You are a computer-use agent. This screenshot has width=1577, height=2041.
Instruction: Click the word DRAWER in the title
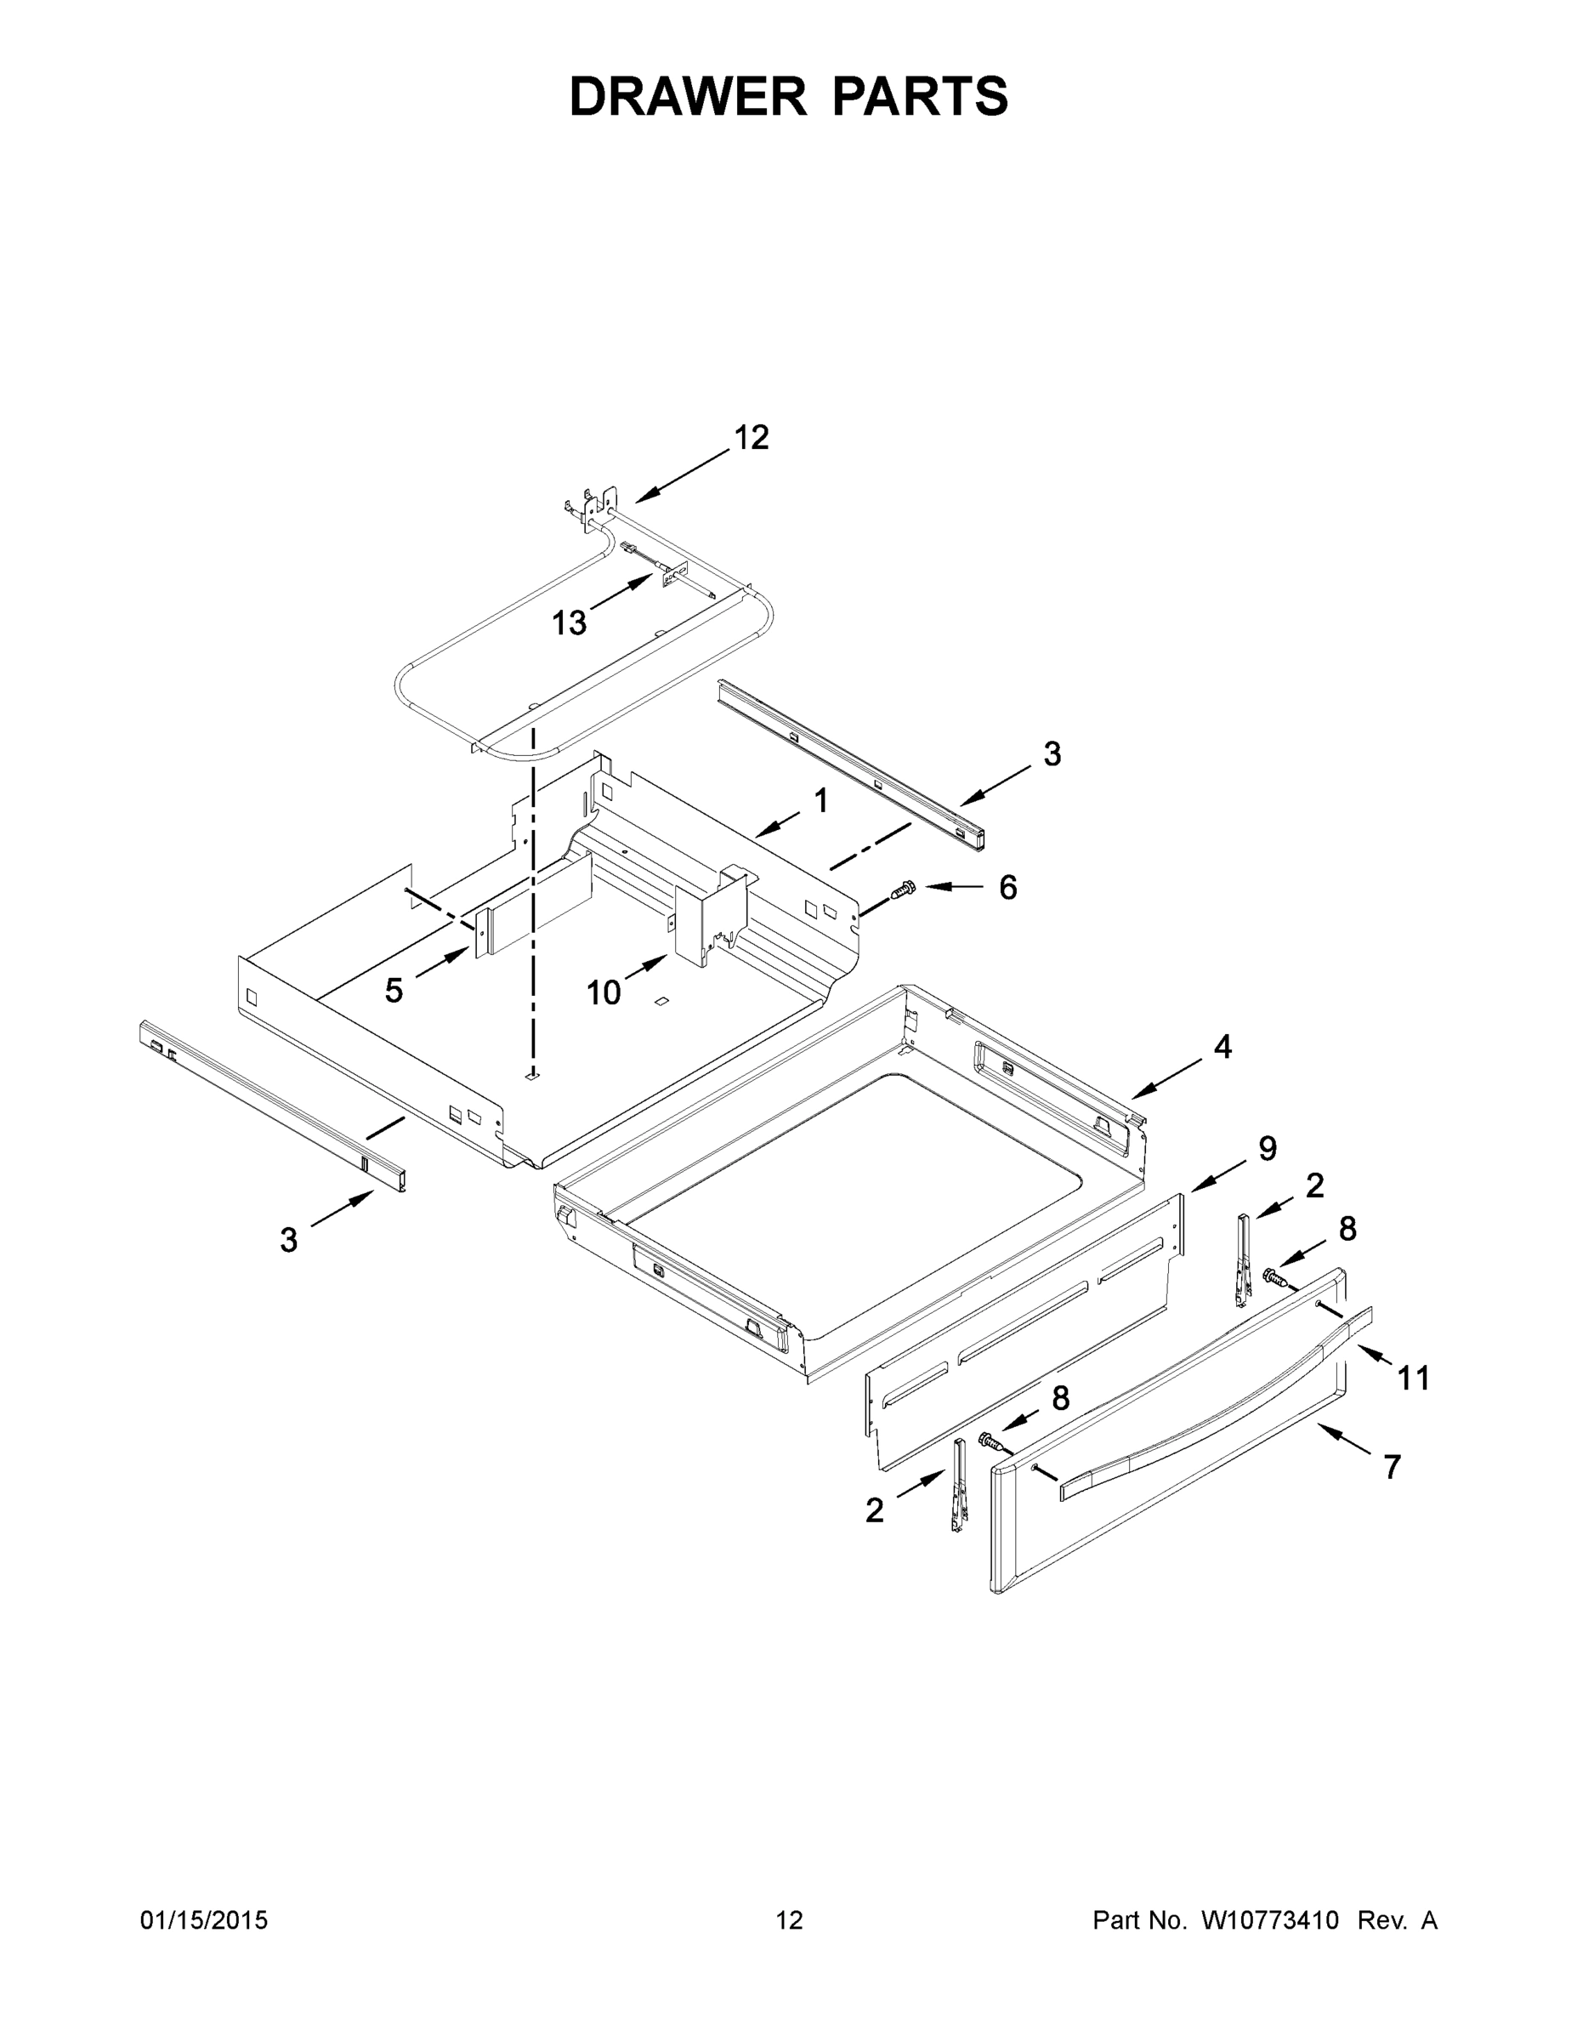[687, 96]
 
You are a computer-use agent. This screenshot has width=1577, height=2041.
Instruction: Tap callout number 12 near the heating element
[752, 437]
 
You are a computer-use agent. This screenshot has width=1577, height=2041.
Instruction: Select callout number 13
[568, 623]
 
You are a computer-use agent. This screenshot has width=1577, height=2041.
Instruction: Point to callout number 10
[604, 993]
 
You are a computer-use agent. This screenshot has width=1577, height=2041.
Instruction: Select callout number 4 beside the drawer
[1222, 1047]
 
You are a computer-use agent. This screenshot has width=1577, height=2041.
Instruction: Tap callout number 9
[1267, 1149]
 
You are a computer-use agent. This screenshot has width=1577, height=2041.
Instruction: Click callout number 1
[820, 800]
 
